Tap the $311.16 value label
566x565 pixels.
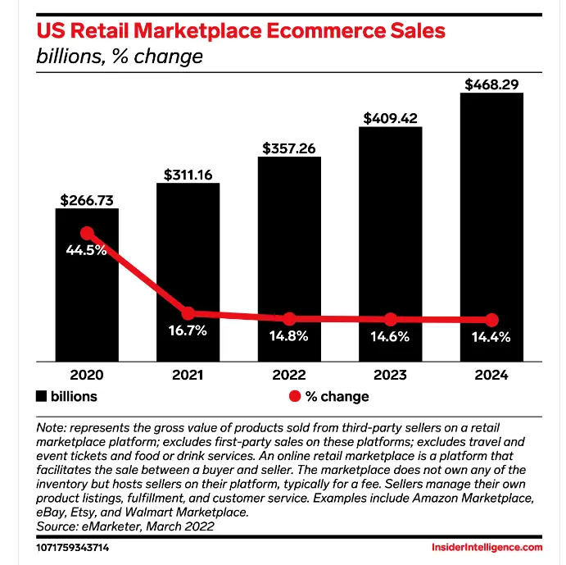[188, 175]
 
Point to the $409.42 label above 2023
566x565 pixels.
[391, 118]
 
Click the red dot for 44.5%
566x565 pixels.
[86, 234]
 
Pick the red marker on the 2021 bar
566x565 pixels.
[188, 313]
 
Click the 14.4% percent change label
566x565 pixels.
[491, 335]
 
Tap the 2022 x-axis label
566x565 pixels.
[289, 375]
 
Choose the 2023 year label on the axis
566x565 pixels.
[391, 375]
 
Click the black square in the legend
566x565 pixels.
[42, 396]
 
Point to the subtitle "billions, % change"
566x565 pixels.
[120, 57]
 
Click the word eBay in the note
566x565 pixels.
[55, 513]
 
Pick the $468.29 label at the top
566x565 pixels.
[491, 84]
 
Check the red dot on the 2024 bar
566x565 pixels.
[491, 320]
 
